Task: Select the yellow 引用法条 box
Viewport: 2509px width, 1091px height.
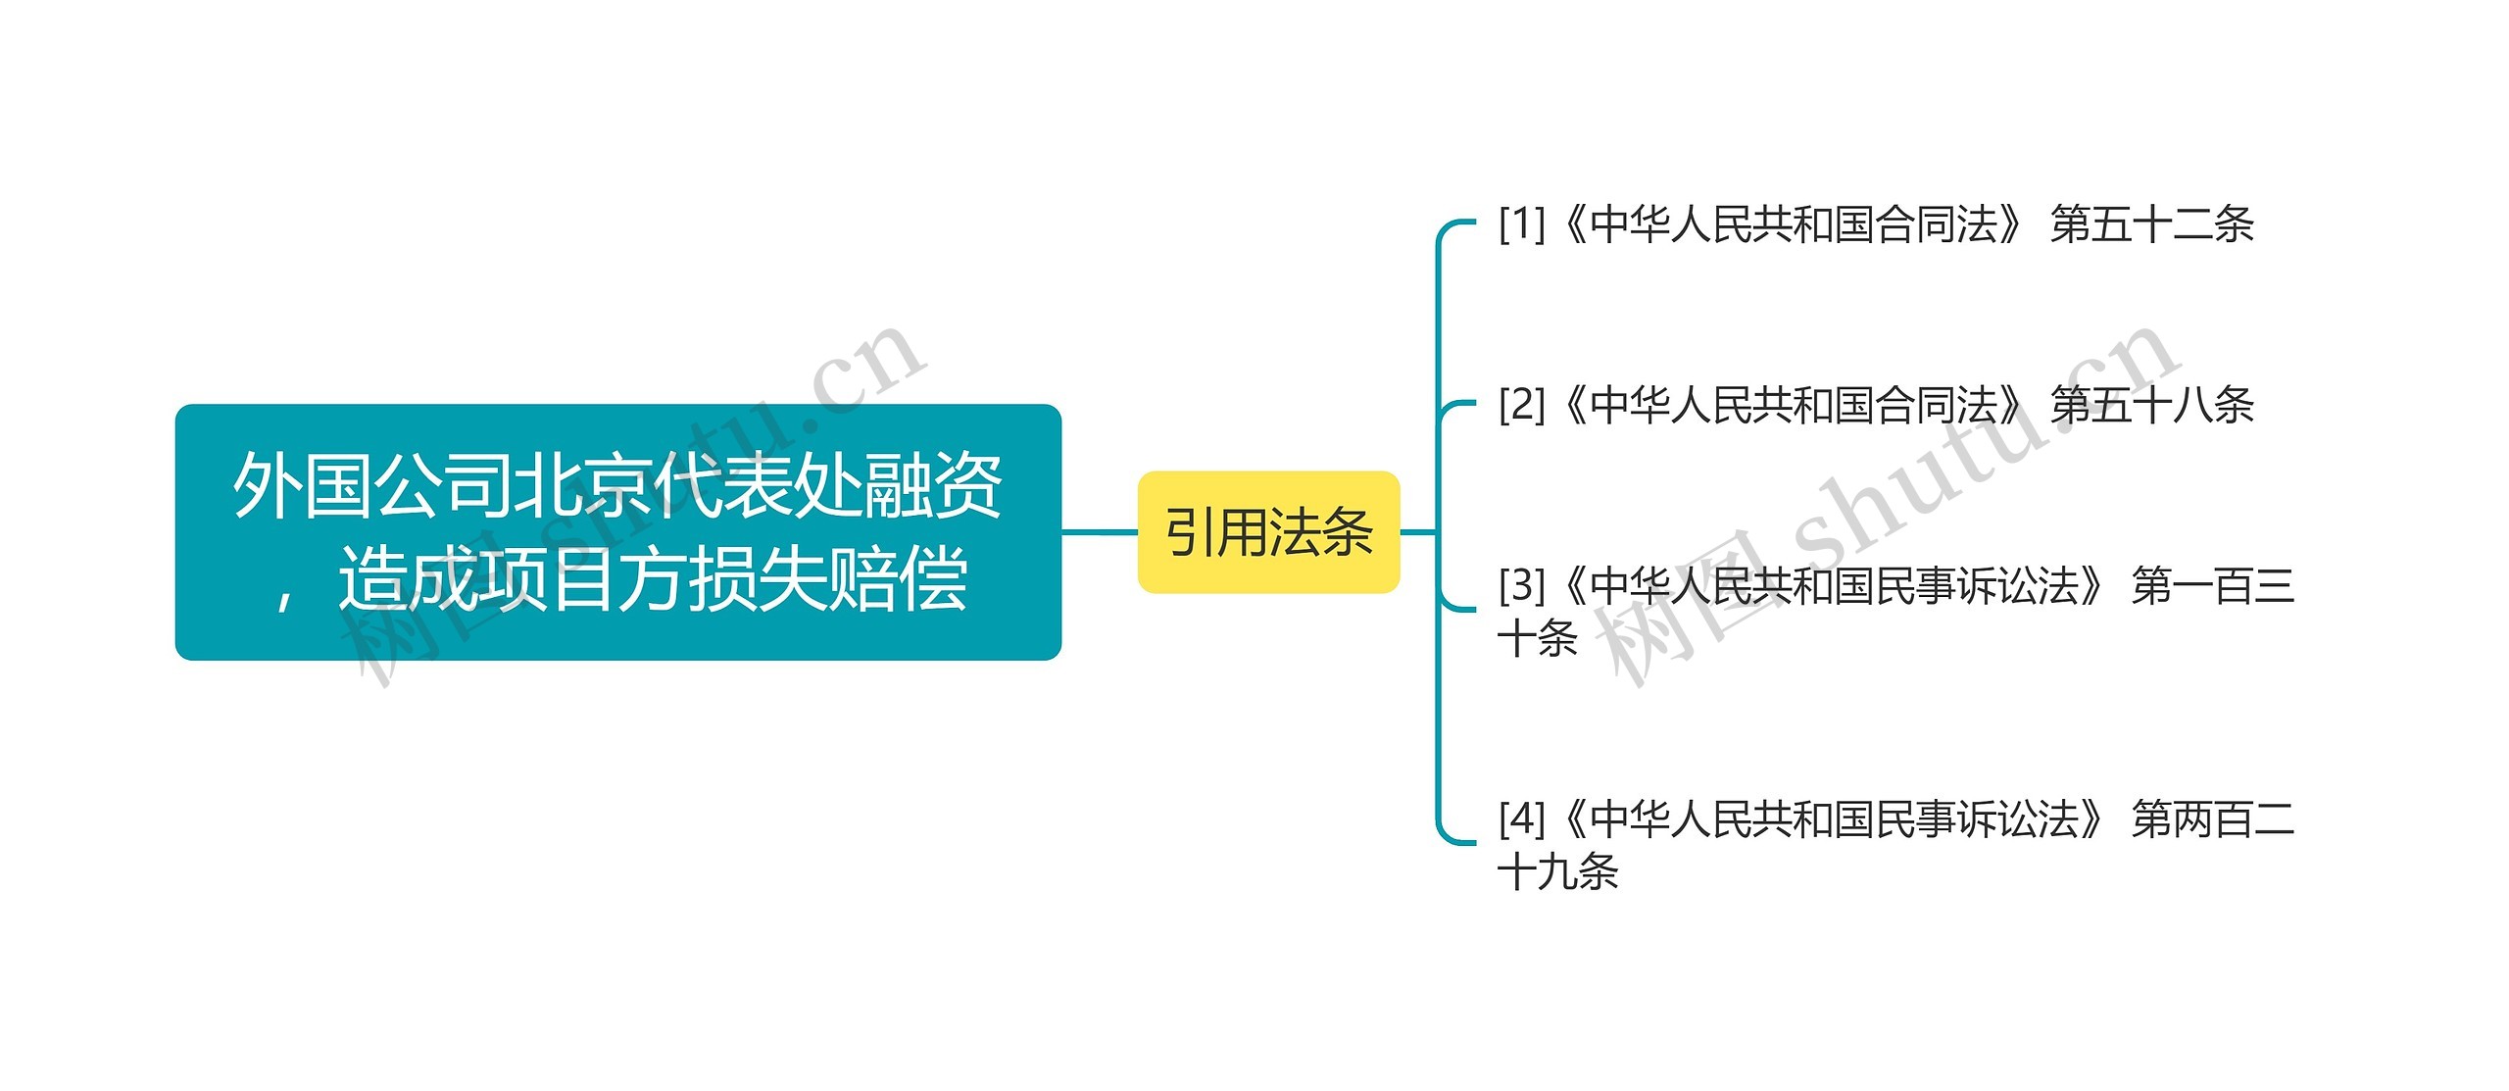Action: pyautogui.click(x=1267, y=532)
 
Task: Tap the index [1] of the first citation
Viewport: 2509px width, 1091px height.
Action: pyautogui.click(x=1521, y=224)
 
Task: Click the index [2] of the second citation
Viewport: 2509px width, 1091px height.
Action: pyautogui.click(x=1521, y=405)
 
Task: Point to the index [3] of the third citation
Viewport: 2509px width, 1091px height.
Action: pyautogui.click(x=1521, y=586)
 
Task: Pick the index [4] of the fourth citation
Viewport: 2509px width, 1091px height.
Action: pyautogui.click(x=1521, y=818)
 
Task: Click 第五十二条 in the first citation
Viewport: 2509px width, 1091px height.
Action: pyautogui.click(x=2152, y=224)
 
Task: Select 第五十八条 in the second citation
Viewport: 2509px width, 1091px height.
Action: pyautogui.click(x=2152, y=405)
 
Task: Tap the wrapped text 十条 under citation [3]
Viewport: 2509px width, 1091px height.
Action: pyautogui.click(x=1538, y=639)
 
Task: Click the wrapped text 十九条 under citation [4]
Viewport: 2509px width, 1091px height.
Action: pyautogui.click(x=1558, y=871)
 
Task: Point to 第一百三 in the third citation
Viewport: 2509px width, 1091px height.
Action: pyautogui.click(x=2213, y=586)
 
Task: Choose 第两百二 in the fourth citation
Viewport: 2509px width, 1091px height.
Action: pyautogui.click(x=2213, y=818)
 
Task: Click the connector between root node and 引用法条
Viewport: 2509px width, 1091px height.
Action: pyautogui.click(x=1100, y=532)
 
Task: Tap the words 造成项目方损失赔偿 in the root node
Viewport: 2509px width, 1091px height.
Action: pyautogui.click(x=653, y=580)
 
